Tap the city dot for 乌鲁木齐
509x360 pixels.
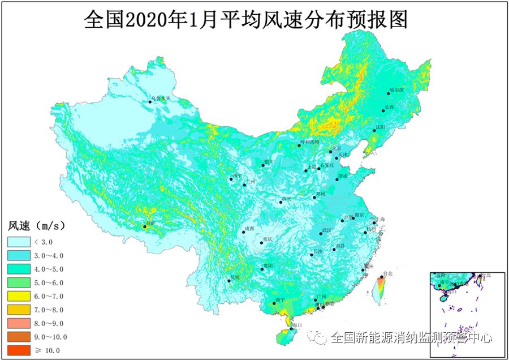point(150,102)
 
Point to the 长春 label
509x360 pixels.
point(389,106)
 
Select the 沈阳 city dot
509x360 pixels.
point(373,131)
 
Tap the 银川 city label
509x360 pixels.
point(269,161)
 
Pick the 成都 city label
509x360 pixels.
point(249,228)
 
